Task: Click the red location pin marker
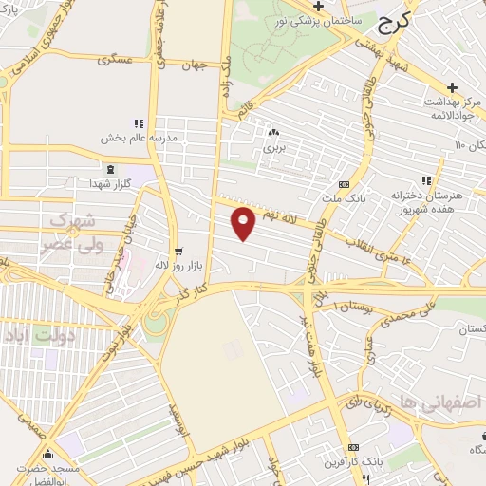click(x=244, y=223)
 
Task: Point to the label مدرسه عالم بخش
click(x=140, y=138)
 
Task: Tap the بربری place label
click(x=273, y=149)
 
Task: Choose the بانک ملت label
click(x=343, y=199)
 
